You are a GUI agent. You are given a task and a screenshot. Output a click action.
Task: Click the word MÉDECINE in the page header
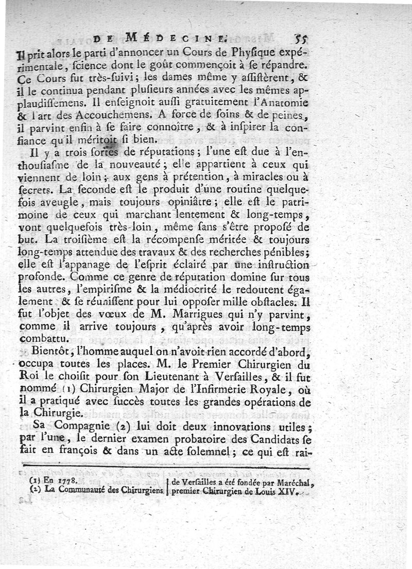(175, 37)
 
